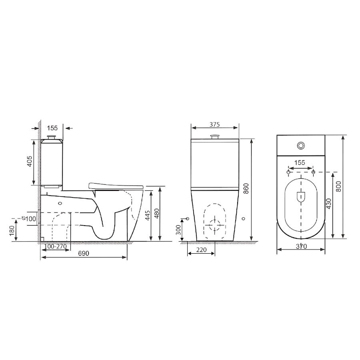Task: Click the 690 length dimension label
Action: (x=83, y=253)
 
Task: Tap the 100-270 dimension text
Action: (x=55, y=246)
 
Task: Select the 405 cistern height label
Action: (x=29, y=161)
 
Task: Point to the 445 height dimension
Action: (x=148, y=215)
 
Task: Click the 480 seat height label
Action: (x=156, y=214)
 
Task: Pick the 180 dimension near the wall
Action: (x=12, y=231)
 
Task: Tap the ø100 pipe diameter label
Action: (x=29, y=218)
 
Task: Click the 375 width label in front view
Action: (x=215, y=124)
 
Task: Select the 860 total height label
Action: (x=246, y=188)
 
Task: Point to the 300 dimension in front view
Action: (x=178, y=230)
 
